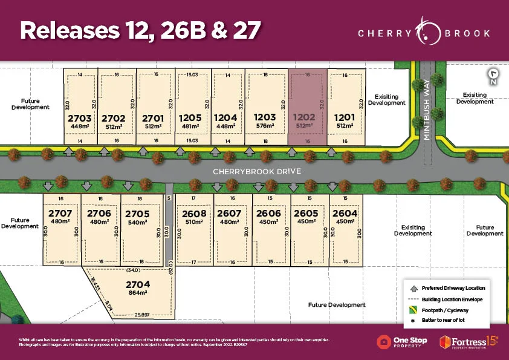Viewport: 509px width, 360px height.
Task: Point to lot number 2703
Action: click(80, 117)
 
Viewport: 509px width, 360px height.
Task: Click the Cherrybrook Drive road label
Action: click(256, 171)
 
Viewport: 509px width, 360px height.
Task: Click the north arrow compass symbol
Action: click(494, 77)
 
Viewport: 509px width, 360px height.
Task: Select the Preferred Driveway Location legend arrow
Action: click(412, 287)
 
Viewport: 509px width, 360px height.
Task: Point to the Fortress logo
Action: click(469, 342)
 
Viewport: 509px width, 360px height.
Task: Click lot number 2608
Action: click(194, 213)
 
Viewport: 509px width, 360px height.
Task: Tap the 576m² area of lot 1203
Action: click(265, 126)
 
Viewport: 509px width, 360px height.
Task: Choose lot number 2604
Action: click(345, 213)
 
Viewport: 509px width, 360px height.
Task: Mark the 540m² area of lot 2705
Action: click(138, 222)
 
